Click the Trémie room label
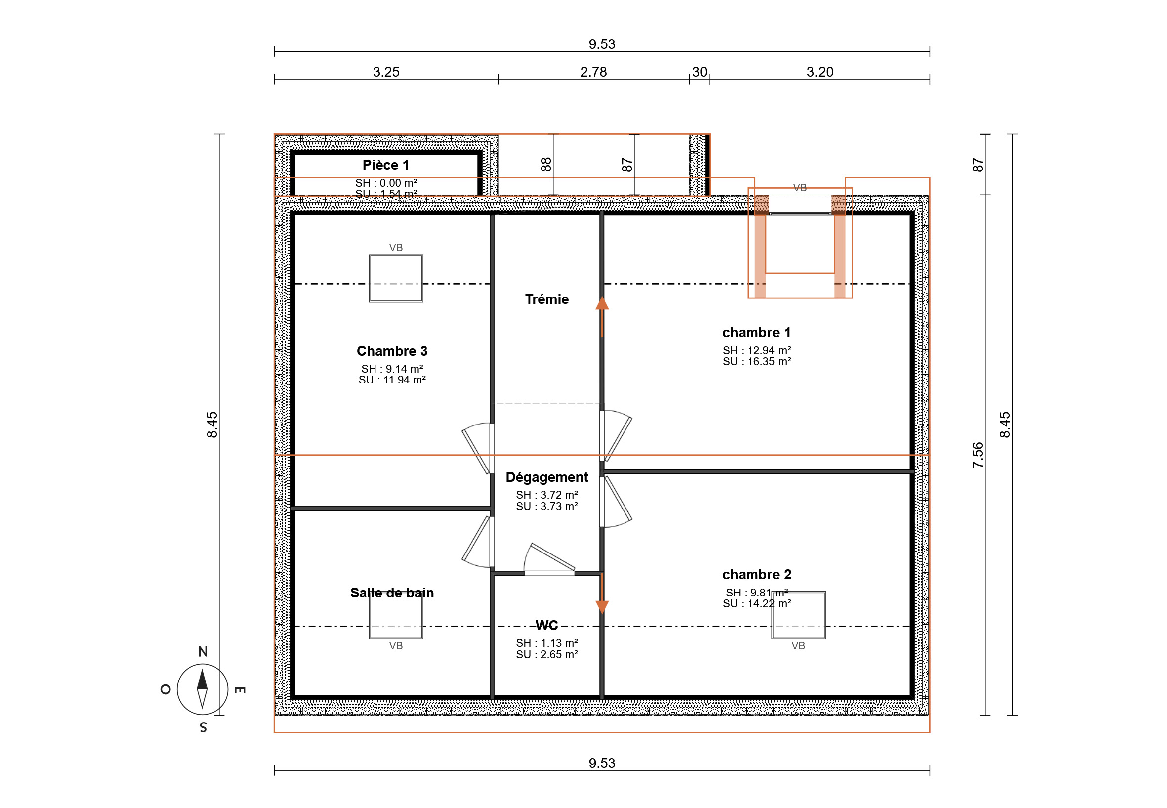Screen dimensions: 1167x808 click(x=546, y=299)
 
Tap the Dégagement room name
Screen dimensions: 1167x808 click(x=546, y=477)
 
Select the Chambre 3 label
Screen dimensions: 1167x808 click(x=392, y=351)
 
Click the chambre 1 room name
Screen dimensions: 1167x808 click(x=756, y=332)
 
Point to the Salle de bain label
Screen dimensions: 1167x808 click(x=392, y=593)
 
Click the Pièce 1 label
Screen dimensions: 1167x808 click(x=386, y=165)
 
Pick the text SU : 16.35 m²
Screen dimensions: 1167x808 click(x=756, y=361)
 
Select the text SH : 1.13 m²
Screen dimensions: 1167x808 click(x=546, y=643)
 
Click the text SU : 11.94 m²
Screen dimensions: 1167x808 click(x=392, y=380)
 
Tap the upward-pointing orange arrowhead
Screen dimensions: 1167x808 click(x=602, y=303)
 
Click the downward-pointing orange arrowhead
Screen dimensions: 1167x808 click(x=602, y=607)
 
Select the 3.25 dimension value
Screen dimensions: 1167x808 click(x=386, y=72)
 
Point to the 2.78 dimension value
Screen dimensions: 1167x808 click(x=593, y=72)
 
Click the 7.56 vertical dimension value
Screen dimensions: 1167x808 click(x=978, y=455)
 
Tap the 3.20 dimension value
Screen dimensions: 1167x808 click(x=820, y=72)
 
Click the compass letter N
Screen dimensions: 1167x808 click(x=203, y=651)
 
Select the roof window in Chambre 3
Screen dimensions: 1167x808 click(x=396, y=278)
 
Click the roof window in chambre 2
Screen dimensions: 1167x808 click(x=798, y=615)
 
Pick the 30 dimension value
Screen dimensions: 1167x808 click(x=700, y=72)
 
